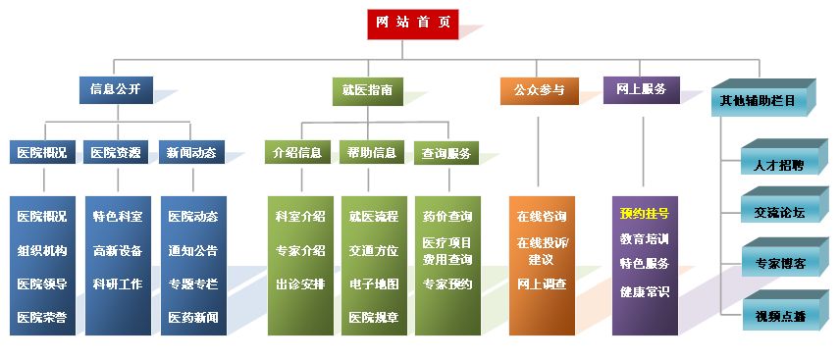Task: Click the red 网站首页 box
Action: click(412, 25)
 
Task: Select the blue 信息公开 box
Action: click(116, 89)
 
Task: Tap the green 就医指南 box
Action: click(368, 90)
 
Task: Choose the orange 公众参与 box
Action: click(540, 90)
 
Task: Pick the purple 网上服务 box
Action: click(642, 89)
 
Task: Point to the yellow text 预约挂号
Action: click(645, 214)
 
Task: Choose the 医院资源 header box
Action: click(116, 152)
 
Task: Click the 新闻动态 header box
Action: click(191, 152)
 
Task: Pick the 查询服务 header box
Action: click(446, 153)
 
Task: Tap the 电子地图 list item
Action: click(374, 284)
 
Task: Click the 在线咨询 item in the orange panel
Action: click(542, 217)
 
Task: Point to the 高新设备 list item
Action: click(118, 250)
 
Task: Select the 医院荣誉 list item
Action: click(42, 317)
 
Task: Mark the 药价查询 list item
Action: click(447, 217)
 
